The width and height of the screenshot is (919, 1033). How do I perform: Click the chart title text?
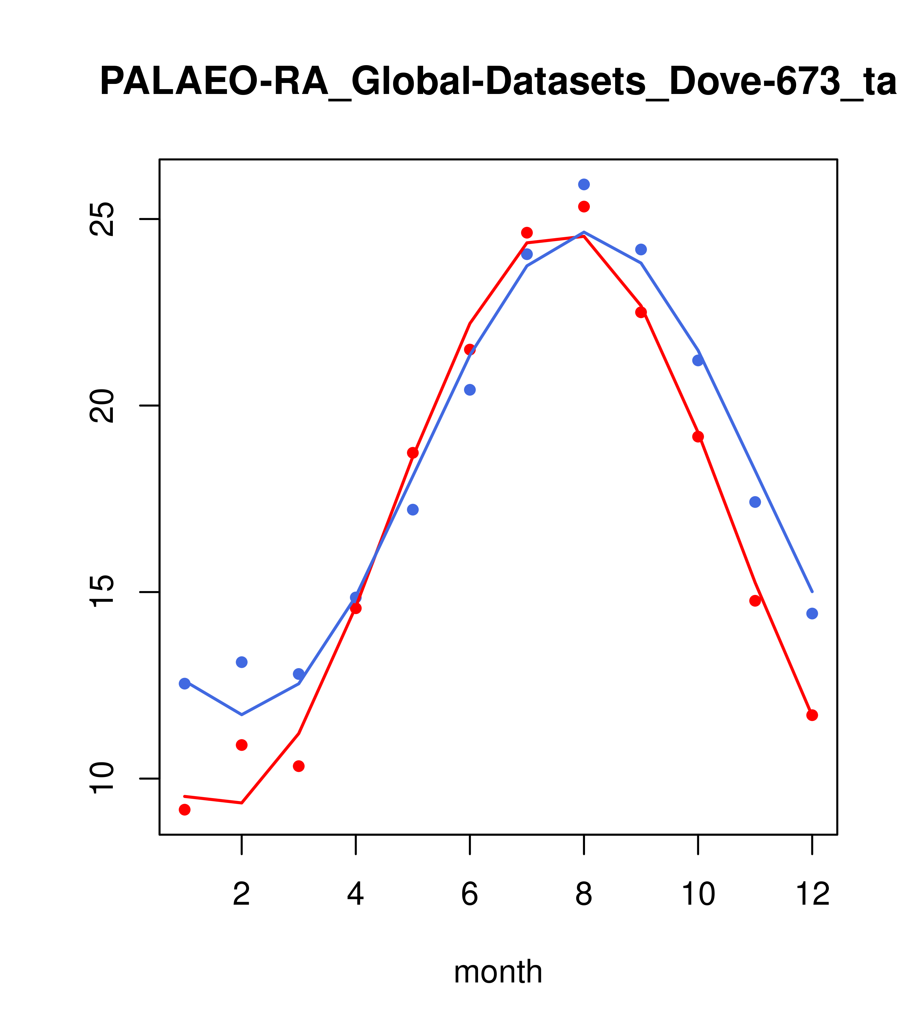(498, 82)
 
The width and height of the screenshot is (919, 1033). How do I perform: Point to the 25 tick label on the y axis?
(101, 219)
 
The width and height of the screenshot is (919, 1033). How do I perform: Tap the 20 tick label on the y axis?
(101, 406)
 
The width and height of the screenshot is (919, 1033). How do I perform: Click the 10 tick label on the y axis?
(101, 778)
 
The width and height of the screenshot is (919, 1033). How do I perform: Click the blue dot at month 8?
(584, 184)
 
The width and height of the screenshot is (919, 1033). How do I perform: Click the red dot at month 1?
(185, 810)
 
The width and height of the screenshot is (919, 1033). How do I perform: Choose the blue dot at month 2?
(242, 662)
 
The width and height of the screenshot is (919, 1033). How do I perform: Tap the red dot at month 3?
(299, 766)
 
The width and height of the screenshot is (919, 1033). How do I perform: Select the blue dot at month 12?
(812, 613)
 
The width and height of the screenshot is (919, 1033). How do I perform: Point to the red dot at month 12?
(812, 715)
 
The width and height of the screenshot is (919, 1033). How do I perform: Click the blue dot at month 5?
(413, 509)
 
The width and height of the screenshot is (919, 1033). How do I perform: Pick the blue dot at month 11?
(755, 502)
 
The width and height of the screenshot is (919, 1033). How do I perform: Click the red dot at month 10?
(698, 437)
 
